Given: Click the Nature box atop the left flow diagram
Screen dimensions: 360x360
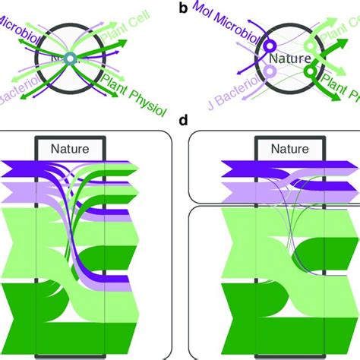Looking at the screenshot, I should coord(70,149).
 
